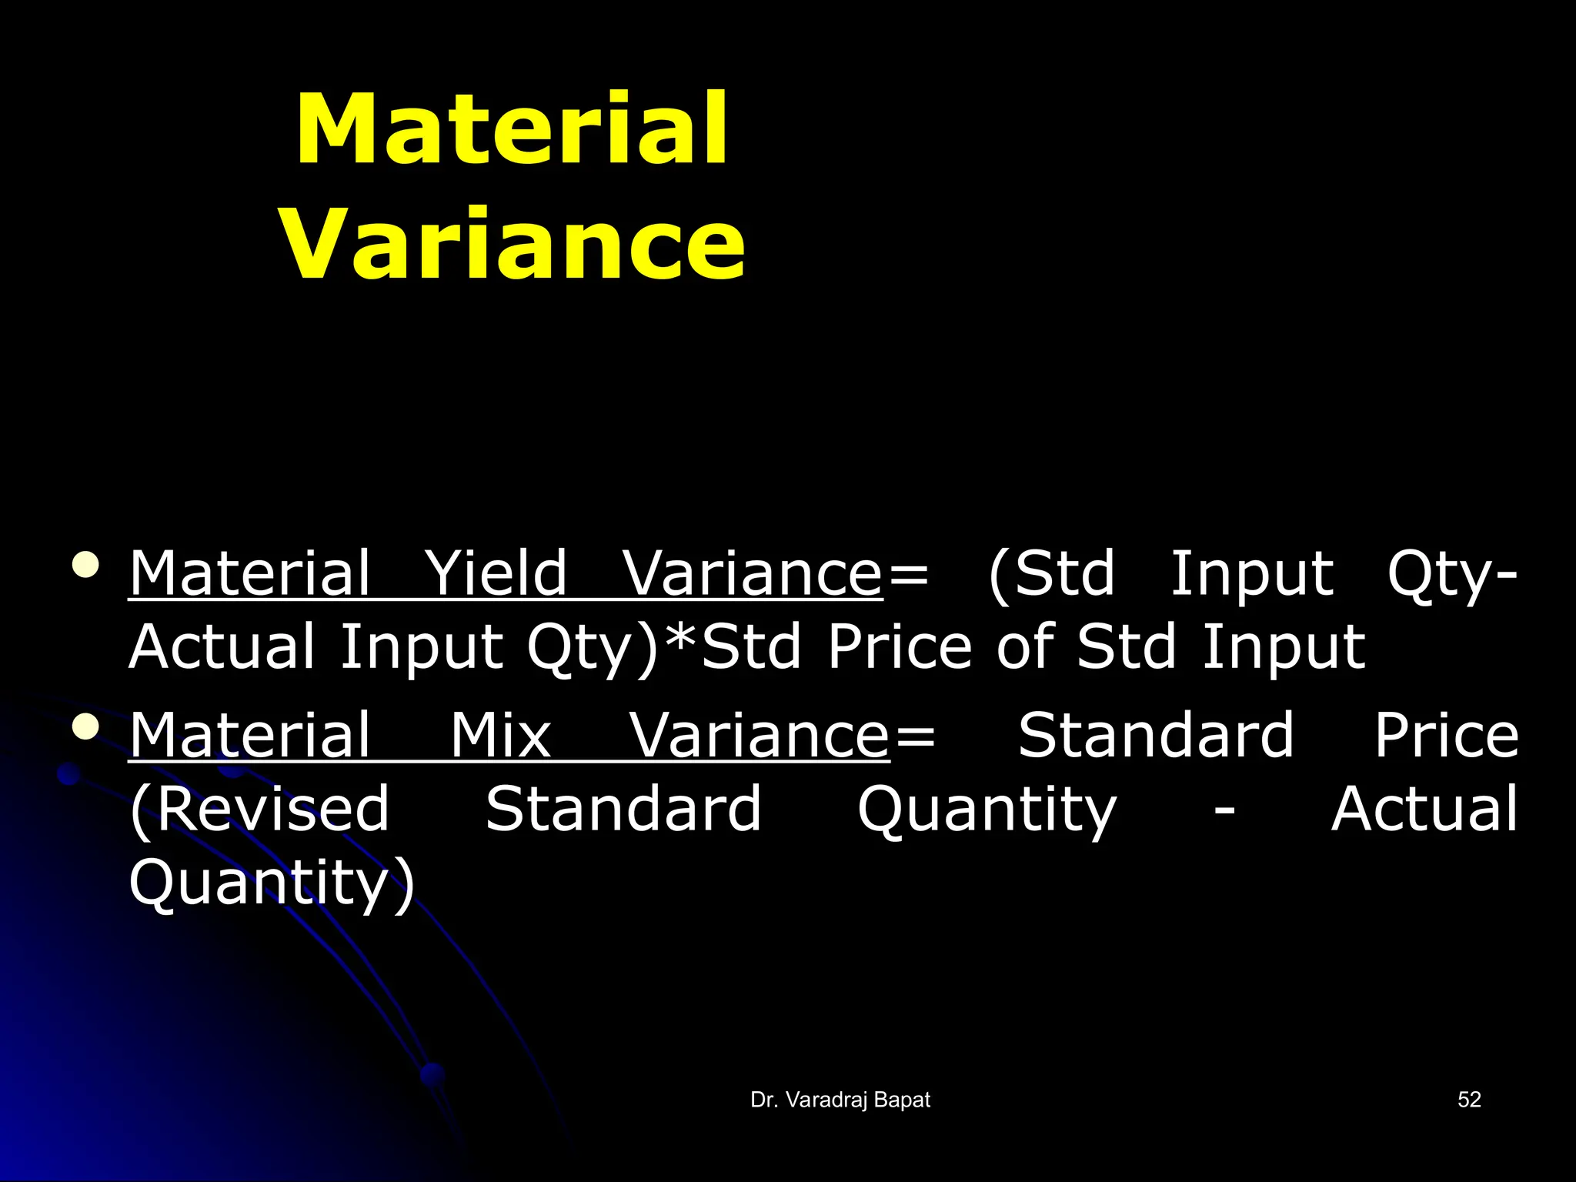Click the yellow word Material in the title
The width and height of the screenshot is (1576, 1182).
511,129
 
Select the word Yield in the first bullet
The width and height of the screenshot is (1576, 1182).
496,573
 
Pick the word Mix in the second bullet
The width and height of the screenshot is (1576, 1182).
500,736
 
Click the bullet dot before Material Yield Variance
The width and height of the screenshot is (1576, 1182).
85,565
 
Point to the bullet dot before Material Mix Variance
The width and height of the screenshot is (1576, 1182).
85,727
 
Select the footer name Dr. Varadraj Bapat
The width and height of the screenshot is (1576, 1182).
840,1100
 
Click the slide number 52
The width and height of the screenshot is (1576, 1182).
1469,1100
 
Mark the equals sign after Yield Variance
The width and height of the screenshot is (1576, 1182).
907,575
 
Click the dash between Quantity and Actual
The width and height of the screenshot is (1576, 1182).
1224,810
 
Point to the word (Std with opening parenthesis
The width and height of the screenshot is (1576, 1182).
1052,573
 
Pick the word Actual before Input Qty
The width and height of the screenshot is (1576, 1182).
222,646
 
